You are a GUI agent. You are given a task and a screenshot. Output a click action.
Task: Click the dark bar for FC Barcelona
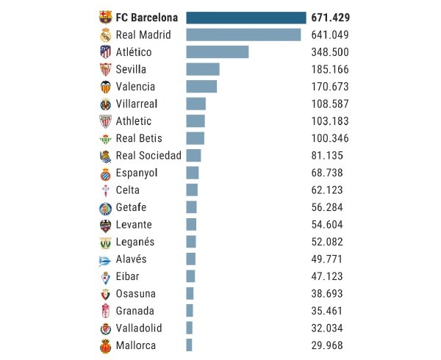[x=246, y=18]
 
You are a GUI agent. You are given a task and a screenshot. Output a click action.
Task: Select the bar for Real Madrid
[x=243, y=35]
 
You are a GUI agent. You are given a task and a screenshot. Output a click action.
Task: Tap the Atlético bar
[x=218, y=52]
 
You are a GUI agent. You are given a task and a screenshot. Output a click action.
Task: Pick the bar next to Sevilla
[x=203, y=69]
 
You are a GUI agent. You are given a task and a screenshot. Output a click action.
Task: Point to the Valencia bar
[x=201, y=87]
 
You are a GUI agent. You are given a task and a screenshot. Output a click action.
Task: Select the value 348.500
[x=330, y=52]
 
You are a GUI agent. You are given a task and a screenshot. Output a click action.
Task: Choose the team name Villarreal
[x=137, y=104]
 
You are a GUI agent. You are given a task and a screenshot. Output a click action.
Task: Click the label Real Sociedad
[x=148, y=156]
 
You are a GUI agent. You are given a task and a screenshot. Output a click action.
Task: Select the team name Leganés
[x=135, y=242]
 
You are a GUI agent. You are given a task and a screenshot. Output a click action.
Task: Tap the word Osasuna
[x=135, y=293]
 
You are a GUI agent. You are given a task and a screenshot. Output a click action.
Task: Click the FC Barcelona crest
[x=105, y=18]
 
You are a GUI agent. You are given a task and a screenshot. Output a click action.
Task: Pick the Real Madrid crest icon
[x=105, y=35]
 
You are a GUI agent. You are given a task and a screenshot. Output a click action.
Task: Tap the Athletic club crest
[x=105, y=121]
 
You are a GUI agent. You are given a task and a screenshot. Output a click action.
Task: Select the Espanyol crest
[x=105, y=173]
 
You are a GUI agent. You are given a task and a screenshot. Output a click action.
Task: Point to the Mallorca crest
[x=105, y=345]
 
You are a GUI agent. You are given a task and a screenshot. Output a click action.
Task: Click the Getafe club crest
[x=105, y=207]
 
